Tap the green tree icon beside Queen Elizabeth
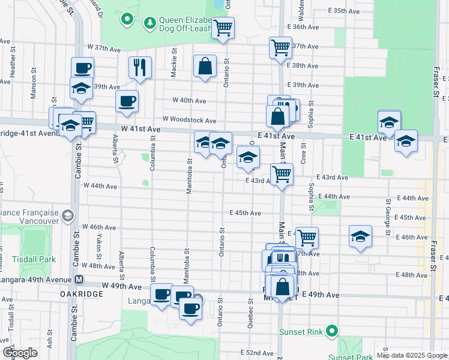point(149,23)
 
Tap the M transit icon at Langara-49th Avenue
point(79,280)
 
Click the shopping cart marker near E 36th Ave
point(223,27)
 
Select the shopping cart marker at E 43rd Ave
point(282,174)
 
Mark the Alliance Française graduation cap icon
point(68,215)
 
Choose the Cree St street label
point(304,154)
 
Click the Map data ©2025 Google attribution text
point(412,355)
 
